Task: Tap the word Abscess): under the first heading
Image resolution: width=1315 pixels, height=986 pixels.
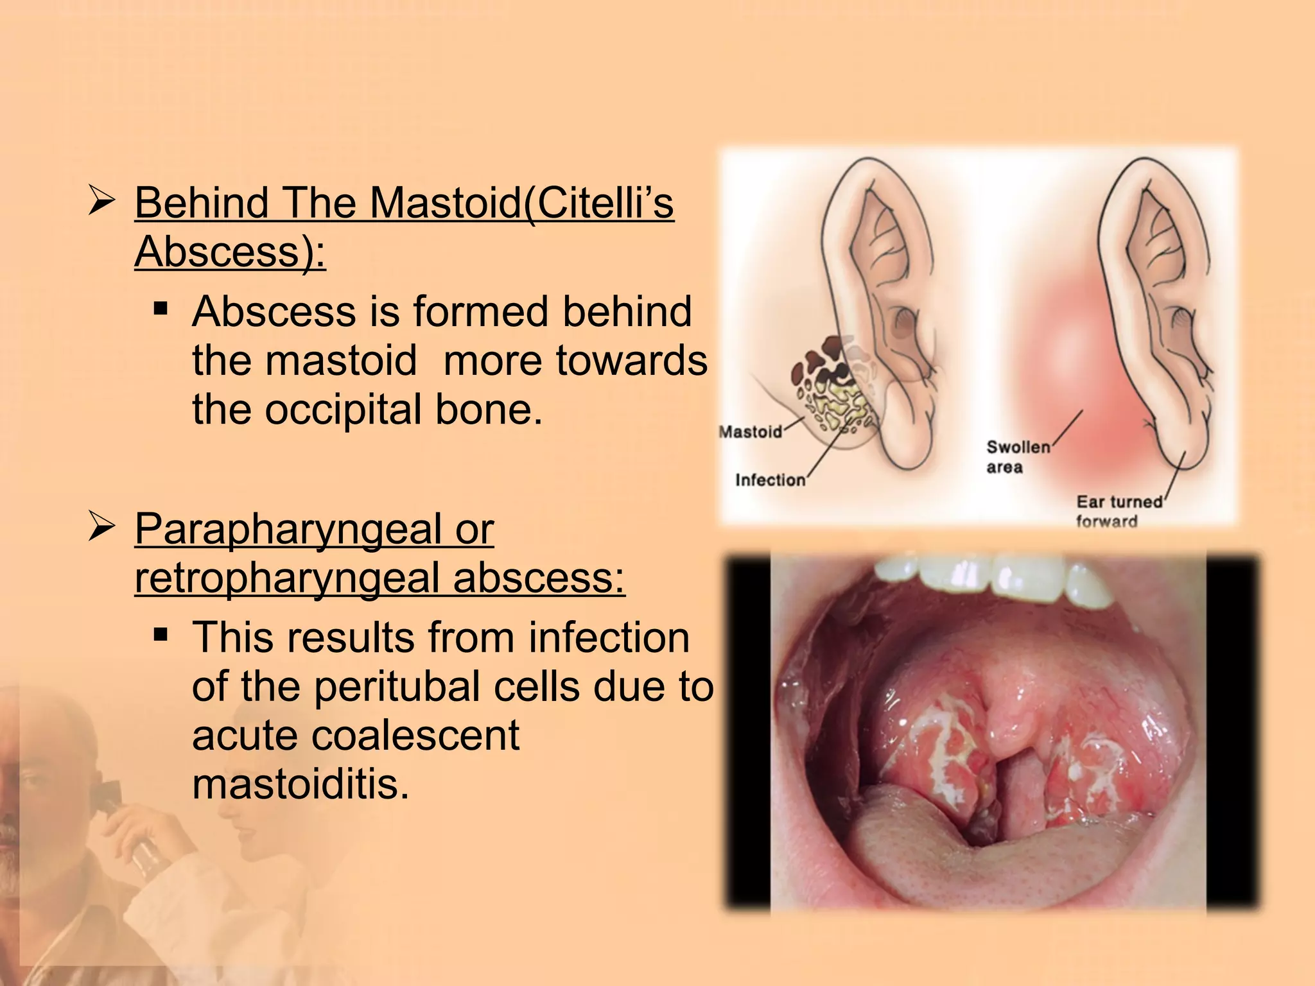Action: tap(230, 252)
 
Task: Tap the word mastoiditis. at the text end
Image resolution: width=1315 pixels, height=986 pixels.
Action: tap(300, 784)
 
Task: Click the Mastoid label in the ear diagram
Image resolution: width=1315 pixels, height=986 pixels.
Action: tap(750, 431)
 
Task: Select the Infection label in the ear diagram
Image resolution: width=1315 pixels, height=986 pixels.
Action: tap(770, 480)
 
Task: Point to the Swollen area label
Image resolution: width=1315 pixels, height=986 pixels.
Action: tap(1017, 456)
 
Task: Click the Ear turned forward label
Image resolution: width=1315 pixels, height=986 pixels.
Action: tap(1119, 511)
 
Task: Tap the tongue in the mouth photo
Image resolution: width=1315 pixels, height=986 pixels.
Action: tap(950, 847)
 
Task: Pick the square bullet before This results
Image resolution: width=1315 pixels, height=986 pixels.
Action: tap(161, 637)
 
